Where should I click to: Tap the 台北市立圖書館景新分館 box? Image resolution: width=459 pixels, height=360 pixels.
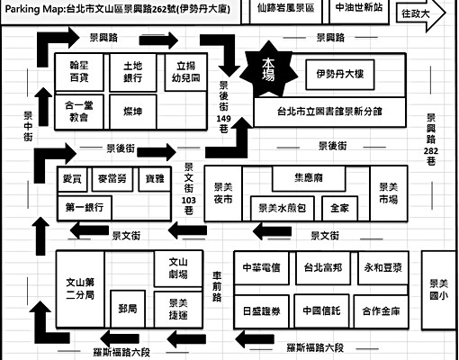click(x=328, y=111)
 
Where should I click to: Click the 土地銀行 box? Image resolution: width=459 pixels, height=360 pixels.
click(x=138, y=72)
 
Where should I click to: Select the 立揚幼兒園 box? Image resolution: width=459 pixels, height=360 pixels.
click(x=186, y=72)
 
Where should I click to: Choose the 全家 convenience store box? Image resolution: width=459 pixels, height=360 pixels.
click(x=339, y=207)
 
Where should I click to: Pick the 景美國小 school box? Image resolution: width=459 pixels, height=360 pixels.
click(x=437, y=287)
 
